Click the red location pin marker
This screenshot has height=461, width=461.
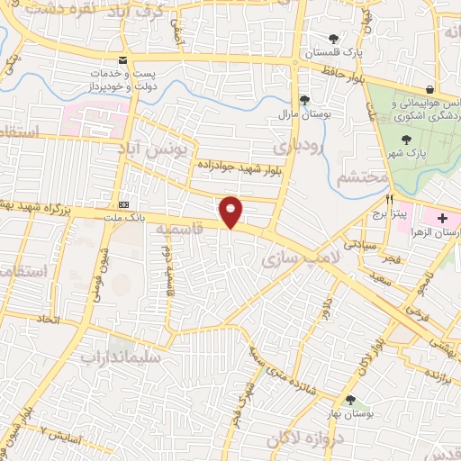click(231, 212)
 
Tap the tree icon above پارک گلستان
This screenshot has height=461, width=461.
click(334, 38)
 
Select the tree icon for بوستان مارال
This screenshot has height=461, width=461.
click(304, 100)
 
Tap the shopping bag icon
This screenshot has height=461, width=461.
click(431, 89)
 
